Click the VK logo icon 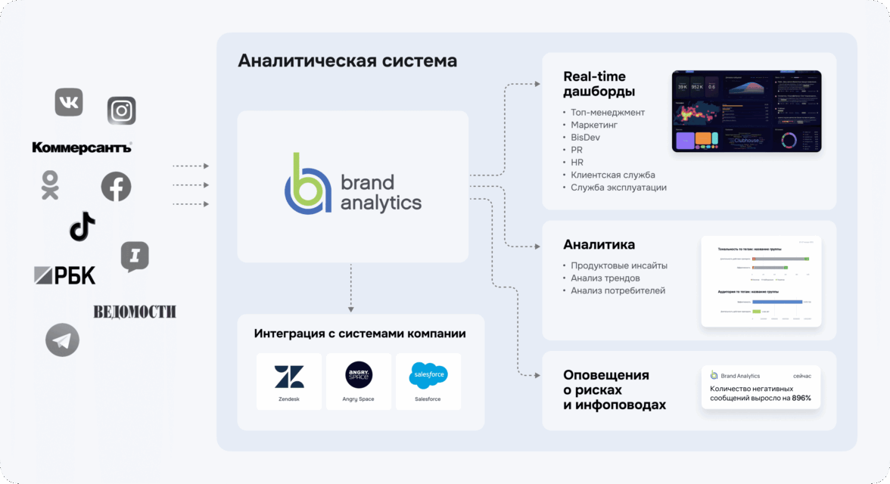(69, 102)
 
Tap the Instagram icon (121, 110)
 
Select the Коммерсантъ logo (82, 147)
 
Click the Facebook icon (116, 187)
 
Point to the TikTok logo (82, 226)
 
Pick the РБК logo (65, 276)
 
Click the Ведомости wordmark (135, 312)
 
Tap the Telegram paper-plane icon (62, 340)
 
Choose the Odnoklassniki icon (50, 185)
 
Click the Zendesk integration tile (288, 381)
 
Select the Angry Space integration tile (359, 381)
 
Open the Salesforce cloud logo (428, 374)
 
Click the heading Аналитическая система (347, 60)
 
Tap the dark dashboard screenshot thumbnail (746, 112)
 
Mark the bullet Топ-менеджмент (608, 113)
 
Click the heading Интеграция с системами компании (360, 334)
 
